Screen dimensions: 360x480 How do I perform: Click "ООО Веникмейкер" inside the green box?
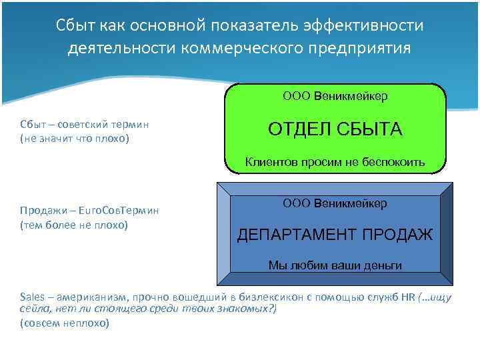click(335, 96)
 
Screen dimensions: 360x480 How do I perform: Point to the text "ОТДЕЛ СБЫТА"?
click(335, 129)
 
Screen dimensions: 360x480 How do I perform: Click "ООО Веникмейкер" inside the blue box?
click(335, 202)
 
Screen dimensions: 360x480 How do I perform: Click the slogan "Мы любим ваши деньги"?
click(335, 265)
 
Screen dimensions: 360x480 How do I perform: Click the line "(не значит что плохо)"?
click(74, 138)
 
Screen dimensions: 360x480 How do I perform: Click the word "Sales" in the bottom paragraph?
click(32, 297)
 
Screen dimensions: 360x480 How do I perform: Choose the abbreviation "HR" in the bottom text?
click(408, 297)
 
